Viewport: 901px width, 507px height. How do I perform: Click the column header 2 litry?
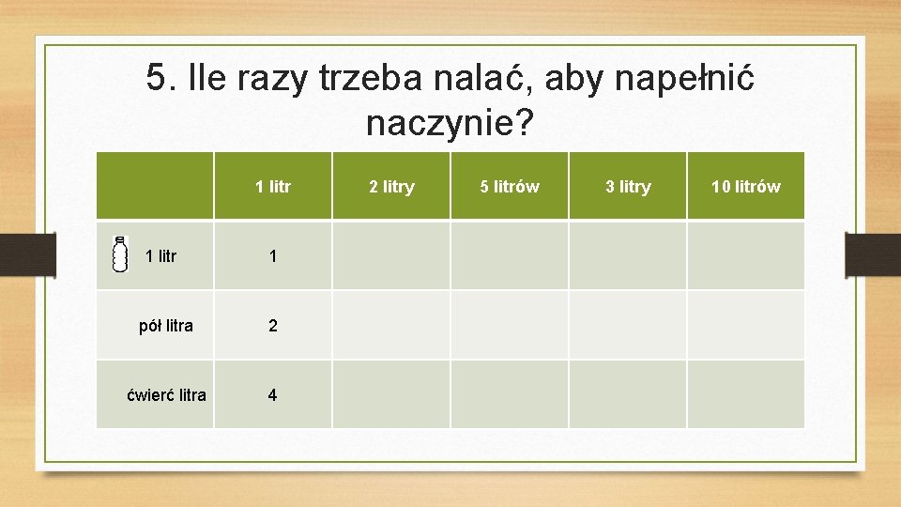click(391, 187)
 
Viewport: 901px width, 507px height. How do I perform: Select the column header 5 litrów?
click(510, 187)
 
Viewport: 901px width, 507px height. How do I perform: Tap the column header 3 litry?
click(628, 187)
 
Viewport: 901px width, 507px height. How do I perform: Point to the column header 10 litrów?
click(745, 187)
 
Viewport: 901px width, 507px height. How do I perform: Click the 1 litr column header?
click(273, 187)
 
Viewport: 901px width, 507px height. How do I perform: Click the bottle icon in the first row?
click(120, 254)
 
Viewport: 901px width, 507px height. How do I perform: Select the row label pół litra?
click(166, 326)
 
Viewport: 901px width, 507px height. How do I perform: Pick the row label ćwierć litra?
click(166, 395)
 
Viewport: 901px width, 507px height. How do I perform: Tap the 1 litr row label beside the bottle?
click(161, 256)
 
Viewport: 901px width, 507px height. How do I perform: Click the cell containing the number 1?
click(273, 256)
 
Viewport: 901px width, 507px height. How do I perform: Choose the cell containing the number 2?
click(273, 326)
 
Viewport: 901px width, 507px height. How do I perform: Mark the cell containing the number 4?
click(273, 395)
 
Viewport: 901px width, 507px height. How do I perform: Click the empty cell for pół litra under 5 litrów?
click(510, 326)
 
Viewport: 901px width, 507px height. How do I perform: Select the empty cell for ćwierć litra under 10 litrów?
click(745, 395)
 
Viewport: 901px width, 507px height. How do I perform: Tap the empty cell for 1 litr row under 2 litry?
click(391, 256)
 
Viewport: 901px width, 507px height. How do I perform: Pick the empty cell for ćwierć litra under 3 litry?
click(628, 395)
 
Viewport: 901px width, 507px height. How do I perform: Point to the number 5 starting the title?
click(157, 78)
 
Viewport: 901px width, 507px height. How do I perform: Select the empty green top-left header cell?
click(155, 187)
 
